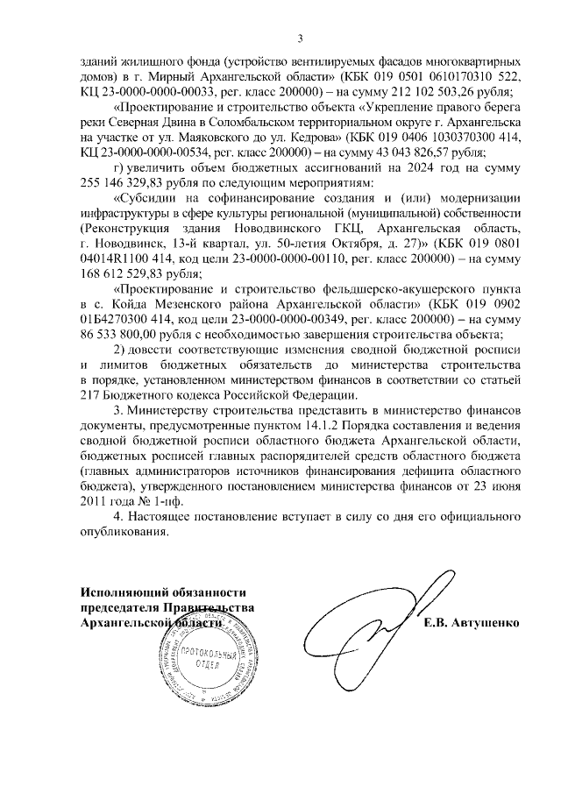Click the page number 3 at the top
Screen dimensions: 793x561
click(x=300, y=38)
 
